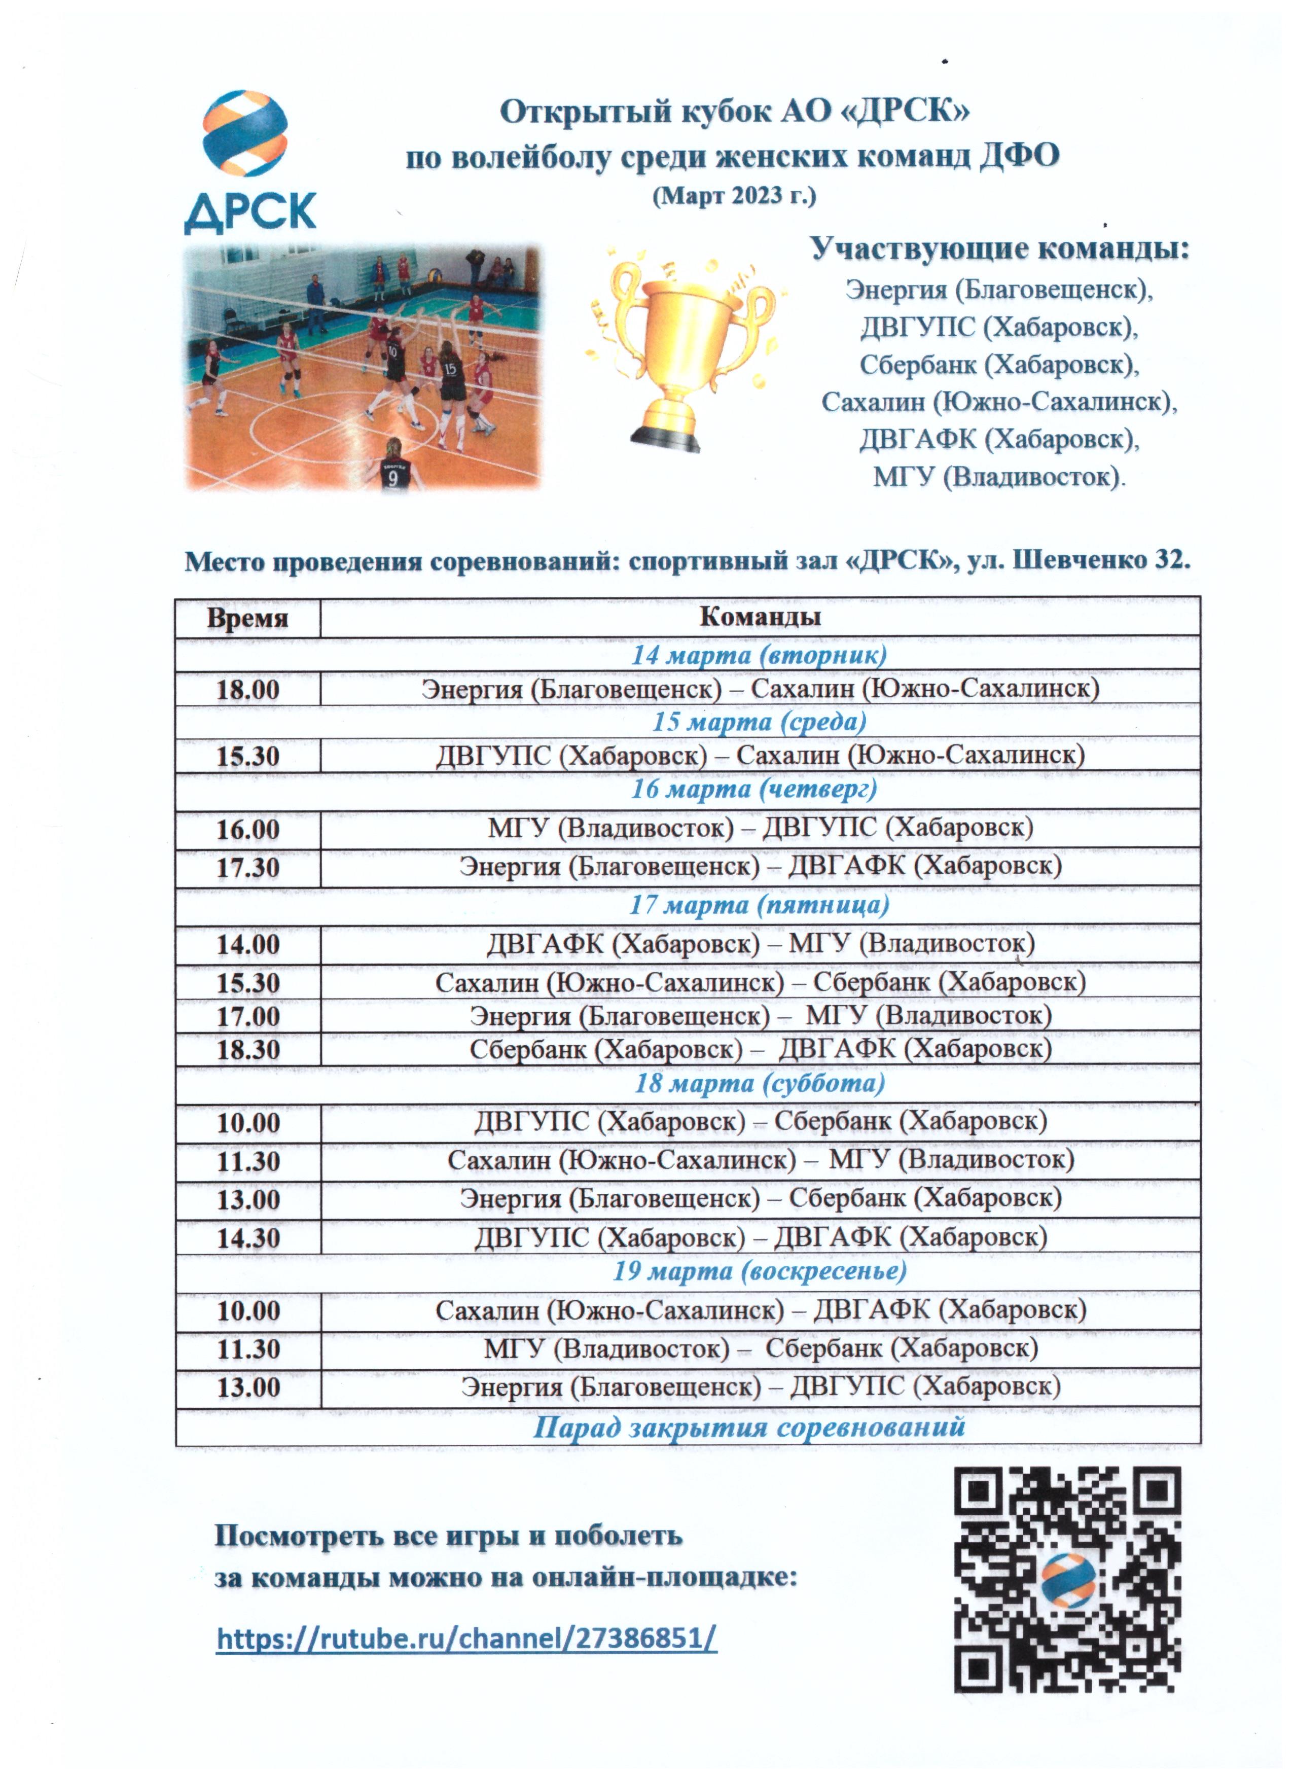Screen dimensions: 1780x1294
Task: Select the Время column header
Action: [247, 618]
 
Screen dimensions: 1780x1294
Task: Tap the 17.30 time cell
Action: [247, 867]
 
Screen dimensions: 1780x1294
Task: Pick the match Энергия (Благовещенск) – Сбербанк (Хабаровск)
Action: [760, 1198]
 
